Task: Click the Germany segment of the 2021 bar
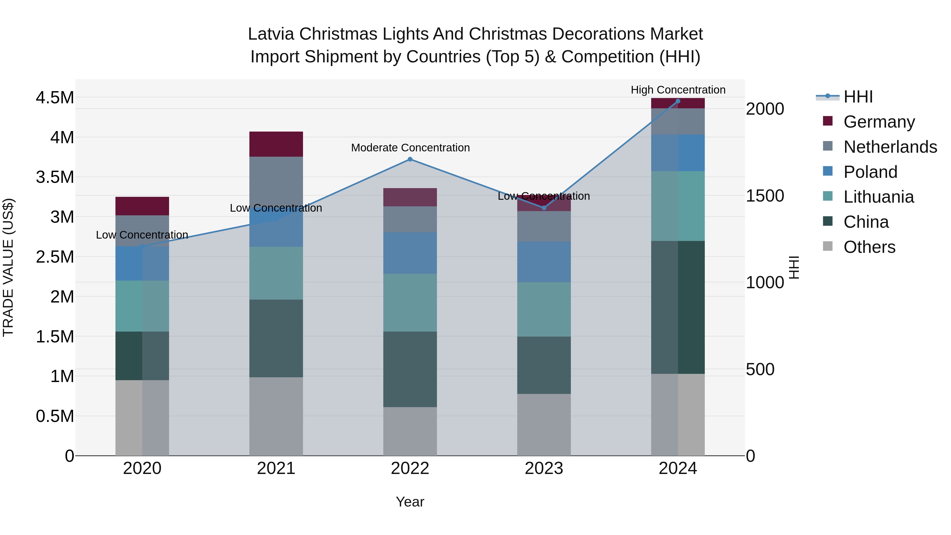click(276, 144)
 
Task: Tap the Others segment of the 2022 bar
click(410, 431)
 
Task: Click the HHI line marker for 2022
click(410, 159)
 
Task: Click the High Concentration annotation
click(678, 90)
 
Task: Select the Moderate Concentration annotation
click(410, 148)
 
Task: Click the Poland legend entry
click(870, 172)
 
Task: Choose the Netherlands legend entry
click(890, 147)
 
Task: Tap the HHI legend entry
click(857, 97)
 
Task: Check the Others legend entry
click(869, 247)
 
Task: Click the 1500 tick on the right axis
click(764, 196)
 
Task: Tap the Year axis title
click(410, 502)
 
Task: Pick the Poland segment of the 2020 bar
click(142, 263)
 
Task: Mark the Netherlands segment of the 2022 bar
click(410, 219)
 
